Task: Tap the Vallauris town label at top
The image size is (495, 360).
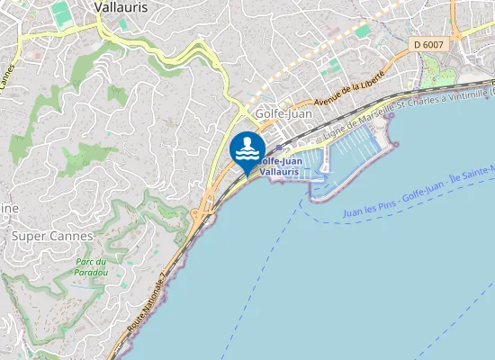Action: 121,6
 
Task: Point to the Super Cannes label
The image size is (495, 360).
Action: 52,236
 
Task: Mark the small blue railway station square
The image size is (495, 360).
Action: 280,148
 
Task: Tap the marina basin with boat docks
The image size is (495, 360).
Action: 351,148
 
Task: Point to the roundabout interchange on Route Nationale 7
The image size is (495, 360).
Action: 199,215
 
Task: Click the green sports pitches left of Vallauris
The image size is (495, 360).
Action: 59,13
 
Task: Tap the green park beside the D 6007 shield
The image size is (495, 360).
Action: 437,69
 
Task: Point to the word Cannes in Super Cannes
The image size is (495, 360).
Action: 72,236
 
